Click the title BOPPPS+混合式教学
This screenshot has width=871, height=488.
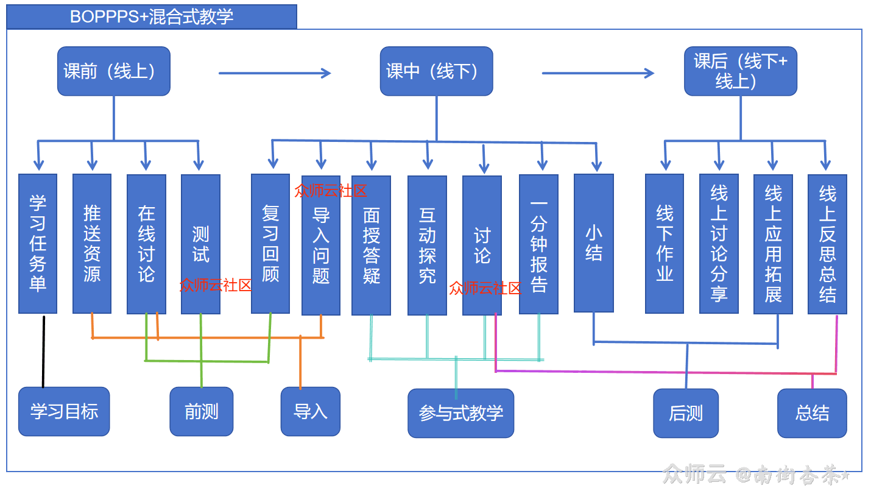tap(152, 16)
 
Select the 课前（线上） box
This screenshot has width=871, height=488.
tap(113, 71)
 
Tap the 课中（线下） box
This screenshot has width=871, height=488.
tap(436, 71)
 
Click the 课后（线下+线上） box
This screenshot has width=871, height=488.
tap(740, 71)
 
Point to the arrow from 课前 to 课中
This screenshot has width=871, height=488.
tap(274, 73)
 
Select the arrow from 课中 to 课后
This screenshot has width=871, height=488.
tap(598, 73)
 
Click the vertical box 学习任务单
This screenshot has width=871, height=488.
tap(38, 244)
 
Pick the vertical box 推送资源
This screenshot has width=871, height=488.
tap(92, 244)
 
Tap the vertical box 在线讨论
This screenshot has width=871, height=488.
tap(146, 244)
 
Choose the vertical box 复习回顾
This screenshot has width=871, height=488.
tap(270, 244)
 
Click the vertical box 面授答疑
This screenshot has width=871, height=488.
tap(371, 246)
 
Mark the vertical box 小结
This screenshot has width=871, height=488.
tap(593, 243)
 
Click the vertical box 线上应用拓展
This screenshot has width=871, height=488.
tap(773, 244)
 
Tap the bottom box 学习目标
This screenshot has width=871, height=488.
tap(64, 411)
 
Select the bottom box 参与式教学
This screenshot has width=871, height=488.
tap(461, 413)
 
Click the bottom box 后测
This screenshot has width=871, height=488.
tap(686, 413)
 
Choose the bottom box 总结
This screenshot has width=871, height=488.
tap(812, 413)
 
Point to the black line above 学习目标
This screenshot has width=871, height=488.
tap(43, 352)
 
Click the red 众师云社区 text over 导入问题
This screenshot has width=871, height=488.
tap(330, 191)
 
